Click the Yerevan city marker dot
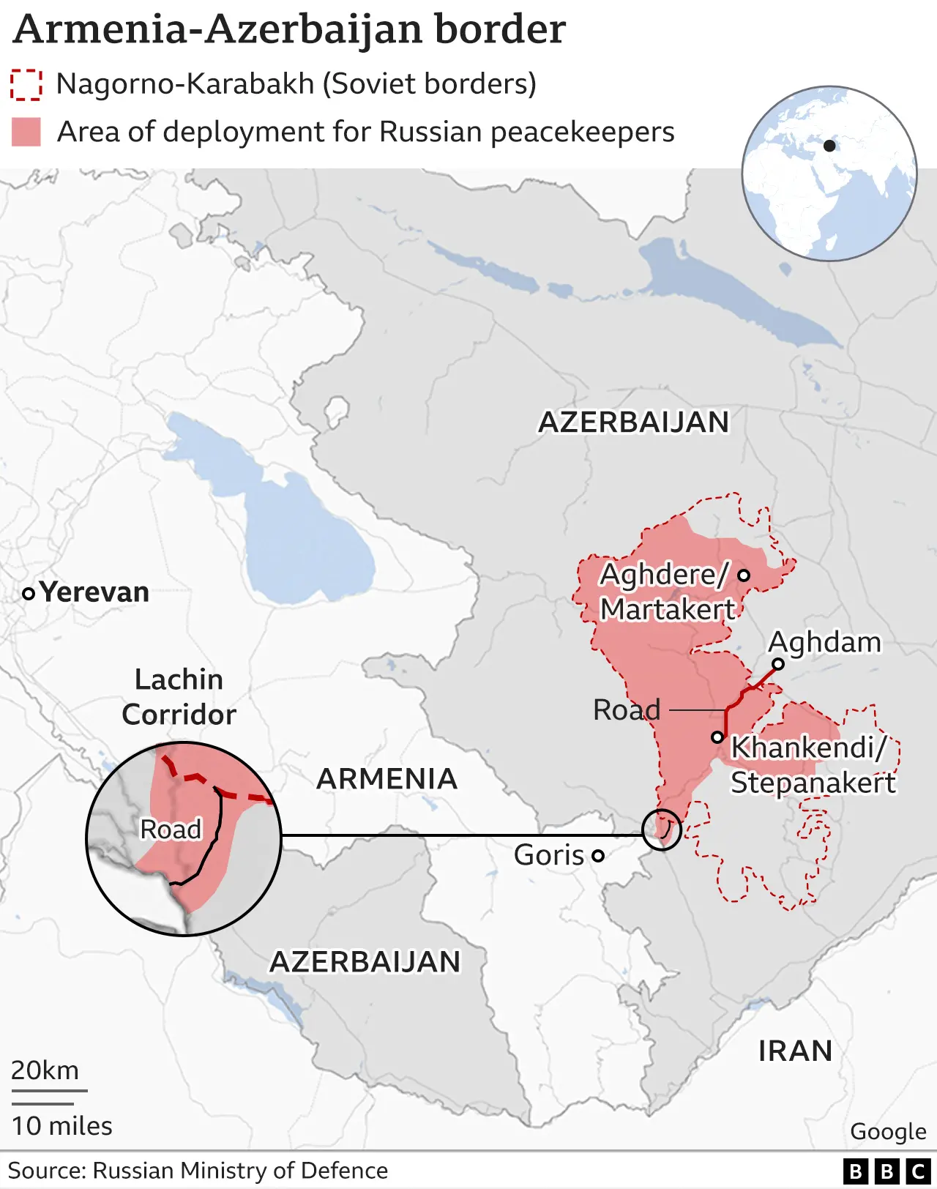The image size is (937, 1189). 29,594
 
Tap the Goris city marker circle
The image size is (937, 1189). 598,855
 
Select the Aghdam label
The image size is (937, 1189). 824,642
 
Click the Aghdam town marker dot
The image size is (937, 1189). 778,664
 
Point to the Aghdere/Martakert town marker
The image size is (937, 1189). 744,575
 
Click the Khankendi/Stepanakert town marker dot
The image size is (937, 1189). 718,737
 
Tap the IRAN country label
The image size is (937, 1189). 795,1051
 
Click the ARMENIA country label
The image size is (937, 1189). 387,778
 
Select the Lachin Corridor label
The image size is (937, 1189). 179,697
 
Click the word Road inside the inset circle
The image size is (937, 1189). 171,830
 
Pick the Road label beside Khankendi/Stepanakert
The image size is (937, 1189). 627,709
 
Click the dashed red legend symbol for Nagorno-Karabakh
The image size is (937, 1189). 26,84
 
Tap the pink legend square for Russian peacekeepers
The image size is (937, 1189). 26,133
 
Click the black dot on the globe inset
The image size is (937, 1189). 829,146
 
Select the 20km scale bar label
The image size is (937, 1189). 45,1070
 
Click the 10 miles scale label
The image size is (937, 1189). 62,1125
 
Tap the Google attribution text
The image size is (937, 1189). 888,1131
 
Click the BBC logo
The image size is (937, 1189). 886,1171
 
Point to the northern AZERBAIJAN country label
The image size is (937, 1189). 634,422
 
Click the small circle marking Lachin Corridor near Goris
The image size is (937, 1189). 662,830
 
